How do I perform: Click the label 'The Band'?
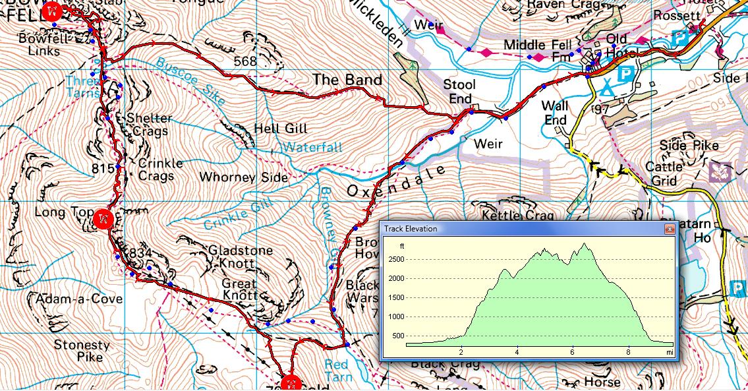point(347,80)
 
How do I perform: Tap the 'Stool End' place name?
point(459,91)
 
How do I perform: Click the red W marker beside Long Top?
point(102,219)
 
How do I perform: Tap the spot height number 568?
point(245,61)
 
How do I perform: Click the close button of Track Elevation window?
point(669,229)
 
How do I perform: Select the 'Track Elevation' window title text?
point(412,229)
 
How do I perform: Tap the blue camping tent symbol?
point(607,86)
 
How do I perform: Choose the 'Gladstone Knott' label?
point(231,256)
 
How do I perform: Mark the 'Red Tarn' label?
point(337,370)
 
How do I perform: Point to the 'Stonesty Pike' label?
point(81,350)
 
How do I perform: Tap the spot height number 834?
point(141,253)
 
